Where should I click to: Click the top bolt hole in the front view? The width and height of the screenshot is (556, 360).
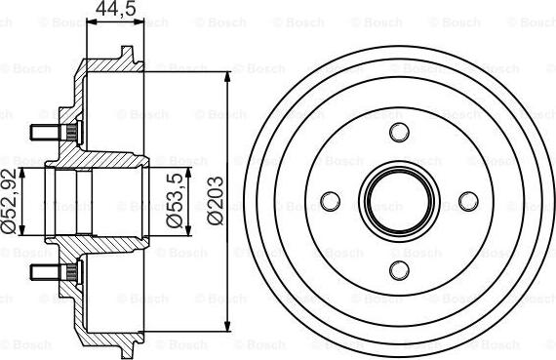click(397, 133)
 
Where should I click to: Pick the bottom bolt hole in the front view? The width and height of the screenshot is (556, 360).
click(397, 270)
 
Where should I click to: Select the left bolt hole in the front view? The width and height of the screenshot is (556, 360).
click(329, 201)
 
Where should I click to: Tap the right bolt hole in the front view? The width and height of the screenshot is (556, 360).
click(467, 201)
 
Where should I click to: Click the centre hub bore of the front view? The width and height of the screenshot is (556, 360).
click(397, 201)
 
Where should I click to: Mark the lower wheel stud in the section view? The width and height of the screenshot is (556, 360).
click(47, 270)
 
